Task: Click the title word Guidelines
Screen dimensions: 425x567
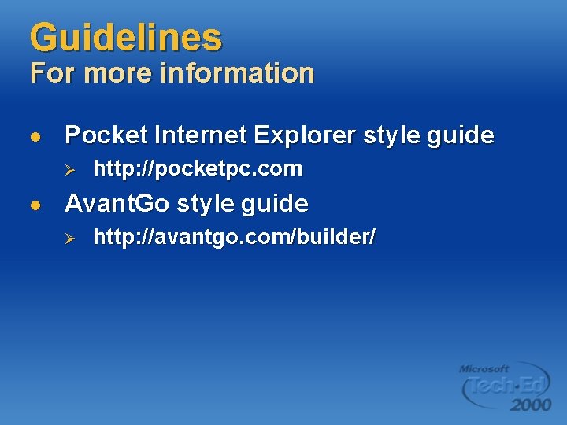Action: [x=126, y=37]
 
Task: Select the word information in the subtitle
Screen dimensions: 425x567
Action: [x=237, y=73]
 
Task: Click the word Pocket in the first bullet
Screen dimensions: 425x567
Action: [x=106, y=135]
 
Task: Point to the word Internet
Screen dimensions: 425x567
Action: [x=201, y=135]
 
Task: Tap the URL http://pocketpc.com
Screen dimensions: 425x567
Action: [x=198, y=168]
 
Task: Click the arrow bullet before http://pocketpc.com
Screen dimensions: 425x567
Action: [x=69, y=169]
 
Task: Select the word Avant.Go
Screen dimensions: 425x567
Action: [x=117, y=204]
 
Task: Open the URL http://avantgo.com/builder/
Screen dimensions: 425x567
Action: [x=234, y=237]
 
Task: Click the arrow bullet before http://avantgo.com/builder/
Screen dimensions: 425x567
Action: [x=69, y=238]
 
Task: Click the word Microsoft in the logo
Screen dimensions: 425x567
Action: [x=484, y=368]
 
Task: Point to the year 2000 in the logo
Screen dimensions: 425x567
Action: [x=530, y=405]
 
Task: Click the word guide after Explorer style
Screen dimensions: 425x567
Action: [x=461, y=135]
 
